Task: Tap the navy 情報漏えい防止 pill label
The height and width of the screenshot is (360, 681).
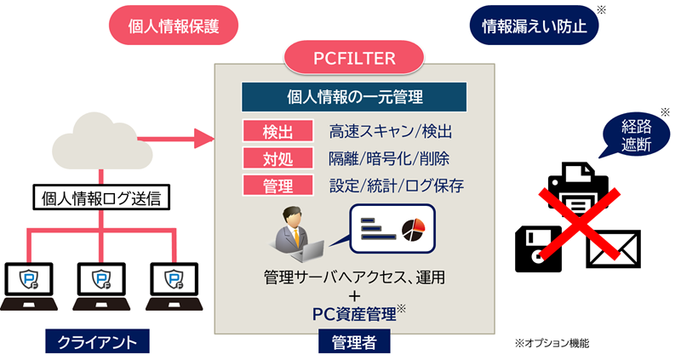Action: (534, 26)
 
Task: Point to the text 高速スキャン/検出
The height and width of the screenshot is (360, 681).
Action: (390, 132)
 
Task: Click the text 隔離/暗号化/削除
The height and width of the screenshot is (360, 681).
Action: (389, 158)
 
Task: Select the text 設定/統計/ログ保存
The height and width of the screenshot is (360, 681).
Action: (396, 185)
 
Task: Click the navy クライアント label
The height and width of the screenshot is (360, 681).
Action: (97, 341)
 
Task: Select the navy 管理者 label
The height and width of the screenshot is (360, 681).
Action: (354, 341)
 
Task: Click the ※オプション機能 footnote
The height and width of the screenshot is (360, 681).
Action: (552, 343)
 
